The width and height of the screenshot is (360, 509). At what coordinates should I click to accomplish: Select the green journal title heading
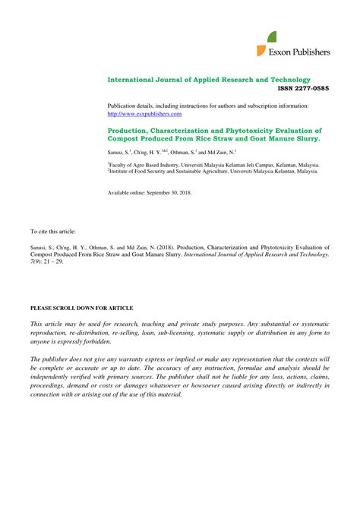click(x=209, y=80)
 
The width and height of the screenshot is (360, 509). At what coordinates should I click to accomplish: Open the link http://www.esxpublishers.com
click(x=144, y=114)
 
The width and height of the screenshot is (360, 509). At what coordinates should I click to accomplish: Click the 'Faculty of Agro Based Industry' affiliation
click(x=148, y=164)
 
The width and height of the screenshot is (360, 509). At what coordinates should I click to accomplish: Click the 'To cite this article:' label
click(x=53, y=230)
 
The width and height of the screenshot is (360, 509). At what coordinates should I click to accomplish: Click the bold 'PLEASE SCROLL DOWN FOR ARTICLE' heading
click(x=81, y=308)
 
